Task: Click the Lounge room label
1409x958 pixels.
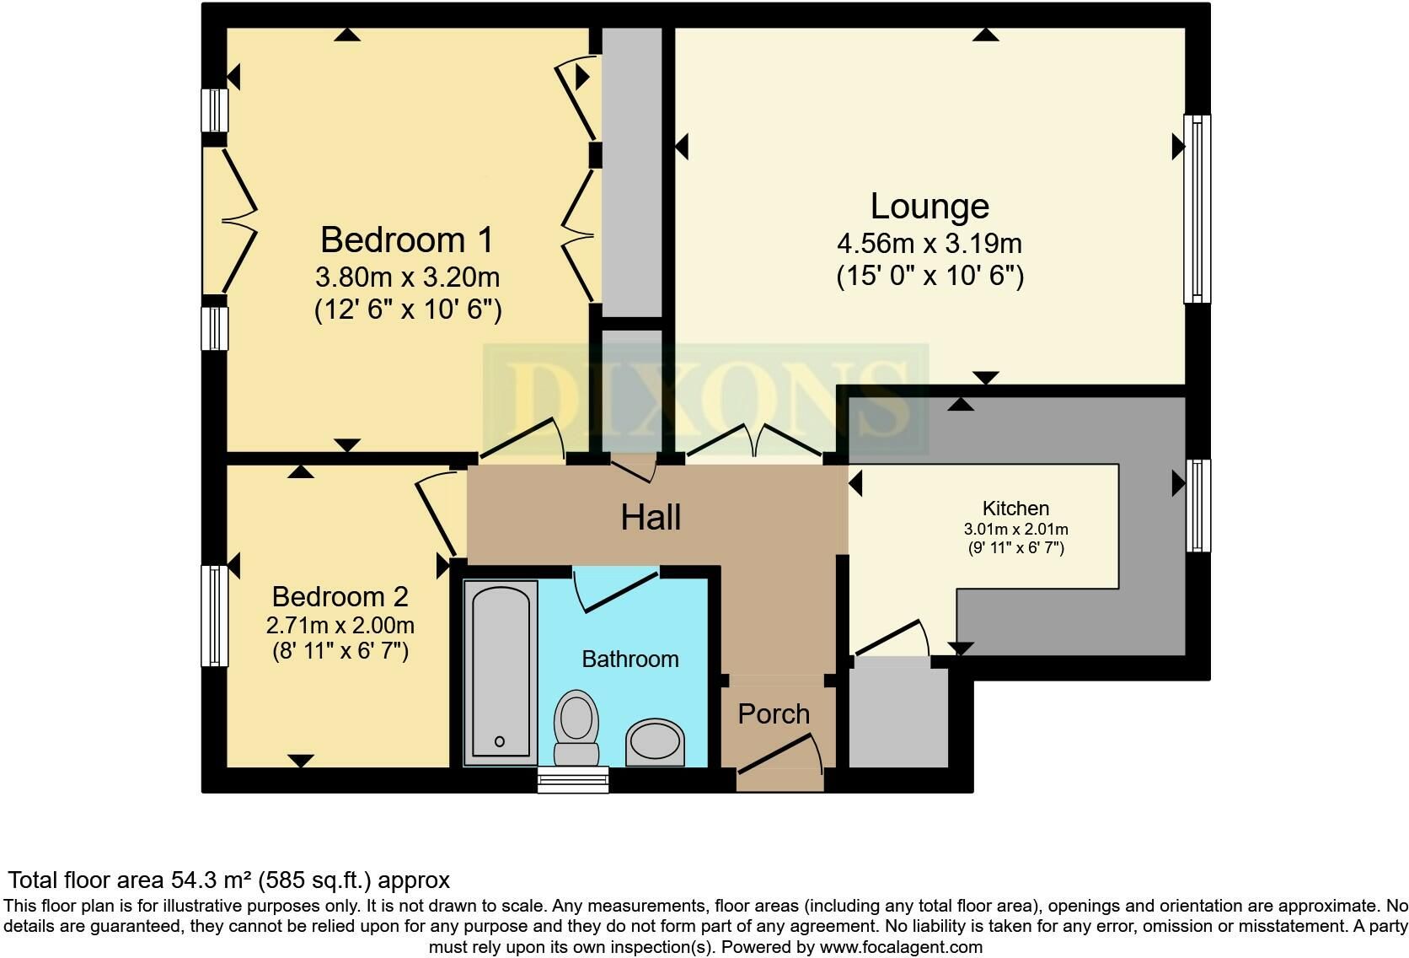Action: coord(930,207)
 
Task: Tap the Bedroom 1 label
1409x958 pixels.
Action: coord(407,239)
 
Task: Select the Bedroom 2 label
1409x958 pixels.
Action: coord(340,596)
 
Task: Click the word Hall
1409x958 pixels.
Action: coord(651,518)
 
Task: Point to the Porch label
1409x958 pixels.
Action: coord(774,713)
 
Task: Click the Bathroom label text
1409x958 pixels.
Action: coord(630,659)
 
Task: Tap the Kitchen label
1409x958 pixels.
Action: coord(1015,508)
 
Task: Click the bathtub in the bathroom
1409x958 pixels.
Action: coord(501,672)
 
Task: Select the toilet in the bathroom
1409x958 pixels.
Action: coord(576,729)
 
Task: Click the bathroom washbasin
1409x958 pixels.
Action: coord(655,743)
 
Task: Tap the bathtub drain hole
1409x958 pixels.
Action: coord(500,741)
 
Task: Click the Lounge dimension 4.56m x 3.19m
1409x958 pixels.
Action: coord(930,244)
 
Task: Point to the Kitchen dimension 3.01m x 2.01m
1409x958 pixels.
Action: coord(1015,530)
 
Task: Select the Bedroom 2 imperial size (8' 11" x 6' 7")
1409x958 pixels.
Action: coord(340,650)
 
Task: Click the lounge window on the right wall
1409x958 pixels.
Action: coord(1197,209)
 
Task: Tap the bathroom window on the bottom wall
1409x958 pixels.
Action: coord(573,779)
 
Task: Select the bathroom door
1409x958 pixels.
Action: coord(618,589)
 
